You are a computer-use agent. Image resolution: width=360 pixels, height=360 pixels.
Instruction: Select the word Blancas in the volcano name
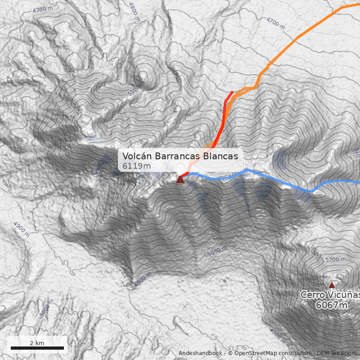point(220,156)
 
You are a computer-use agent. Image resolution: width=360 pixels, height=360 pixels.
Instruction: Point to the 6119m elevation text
point(136,166)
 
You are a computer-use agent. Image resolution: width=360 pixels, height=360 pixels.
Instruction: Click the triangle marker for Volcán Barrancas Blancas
point(180,180)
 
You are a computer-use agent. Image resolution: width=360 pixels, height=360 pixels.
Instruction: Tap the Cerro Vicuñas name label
point(330,295)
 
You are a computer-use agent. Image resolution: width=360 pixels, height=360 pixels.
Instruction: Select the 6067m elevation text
point(332,306)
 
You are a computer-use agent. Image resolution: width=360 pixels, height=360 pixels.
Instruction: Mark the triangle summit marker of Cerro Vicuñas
point(332,285)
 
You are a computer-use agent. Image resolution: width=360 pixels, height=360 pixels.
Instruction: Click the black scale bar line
point(37,348)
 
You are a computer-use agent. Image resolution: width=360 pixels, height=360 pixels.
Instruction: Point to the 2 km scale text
point(37,343)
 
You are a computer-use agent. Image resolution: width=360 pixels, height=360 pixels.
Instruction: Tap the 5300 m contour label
point(99,174)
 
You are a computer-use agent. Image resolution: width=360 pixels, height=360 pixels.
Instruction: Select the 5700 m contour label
point(335,260)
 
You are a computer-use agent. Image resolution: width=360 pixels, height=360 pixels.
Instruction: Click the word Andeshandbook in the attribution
point(200,353)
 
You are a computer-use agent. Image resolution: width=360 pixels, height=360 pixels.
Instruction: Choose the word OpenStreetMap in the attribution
point(257,353)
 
